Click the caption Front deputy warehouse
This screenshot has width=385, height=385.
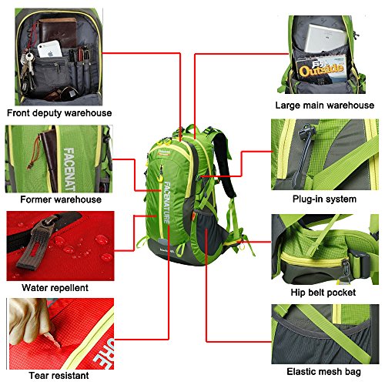59,113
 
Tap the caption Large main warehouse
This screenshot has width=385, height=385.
325,105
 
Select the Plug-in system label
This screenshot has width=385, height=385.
324,199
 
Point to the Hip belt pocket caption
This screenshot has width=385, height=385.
323,293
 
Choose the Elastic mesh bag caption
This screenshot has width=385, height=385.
323,372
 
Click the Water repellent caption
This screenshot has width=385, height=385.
55,288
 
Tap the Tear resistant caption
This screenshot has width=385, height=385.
59,376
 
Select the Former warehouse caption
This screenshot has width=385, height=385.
61,199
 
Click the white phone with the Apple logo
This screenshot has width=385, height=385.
50,49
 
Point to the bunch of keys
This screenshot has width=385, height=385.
28,67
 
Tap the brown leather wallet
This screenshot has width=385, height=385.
58,32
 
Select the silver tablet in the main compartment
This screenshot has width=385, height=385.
326,38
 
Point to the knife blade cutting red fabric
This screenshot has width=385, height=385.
53,339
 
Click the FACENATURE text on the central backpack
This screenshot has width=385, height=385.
167,203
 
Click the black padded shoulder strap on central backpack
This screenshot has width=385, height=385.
224,164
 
